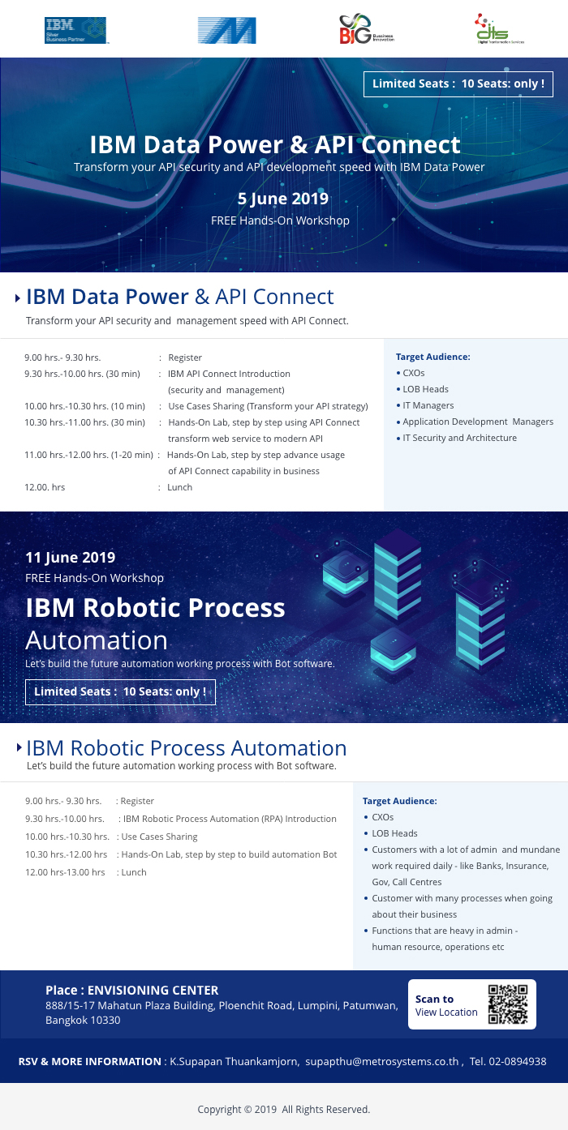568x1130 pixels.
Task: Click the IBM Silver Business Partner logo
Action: click(x=75, y=30)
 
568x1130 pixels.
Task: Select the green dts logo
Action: click(x=499, y=28)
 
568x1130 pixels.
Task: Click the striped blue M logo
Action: click(x=226, y=30)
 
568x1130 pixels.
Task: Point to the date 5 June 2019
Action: click(x=283, y=199)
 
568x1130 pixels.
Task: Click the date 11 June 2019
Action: click(x=70, y=558)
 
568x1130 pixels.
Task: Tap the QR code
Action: click(x=508, y=1004)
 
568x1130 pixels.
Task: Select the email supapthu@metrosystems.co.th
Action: click(x=382, y=1061)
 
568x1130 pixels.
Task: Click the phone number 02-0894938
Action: click(x=518, y=1061)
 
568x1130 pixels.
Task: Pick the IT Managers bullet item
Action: click(x=428, y=405)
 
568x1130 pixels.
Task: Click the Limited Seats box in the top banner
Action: click(x=458, y=83)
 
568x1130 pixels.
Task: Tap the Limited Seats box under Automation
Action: click(x=120, y=691)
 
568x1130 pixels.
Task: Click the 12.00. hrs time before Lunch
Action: click(x=45, y=487)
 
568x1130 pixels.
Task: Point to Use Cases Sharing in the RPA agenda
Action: click(x=160, y=837)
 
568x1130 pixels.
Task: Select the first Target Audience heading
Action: click(x=432, y=357)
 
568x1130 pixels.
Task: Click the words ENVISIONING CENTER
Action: click(x=153, y=991)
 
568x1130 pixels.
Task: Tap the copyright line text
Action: click(x=284, y=1109)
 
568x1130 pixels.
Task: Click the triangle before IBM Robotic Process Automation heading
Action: click(x=19, y=747)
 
